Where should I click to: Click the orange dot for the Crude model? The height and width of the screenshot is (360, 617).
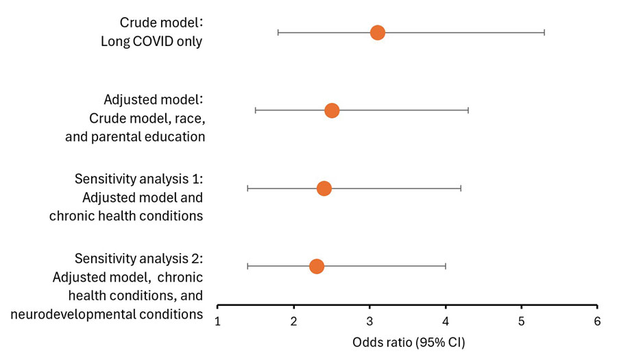click(x=377, y=32)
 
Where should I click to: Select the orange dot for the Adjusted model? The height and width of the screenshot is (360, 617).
click(x=332, y=110)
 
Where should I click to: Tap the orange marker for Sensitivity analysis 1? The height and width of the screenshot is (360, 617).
click(x=324, y=188)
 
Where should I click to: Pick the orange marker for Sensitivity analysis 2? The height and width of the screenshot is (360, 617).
click(x=316, y=266)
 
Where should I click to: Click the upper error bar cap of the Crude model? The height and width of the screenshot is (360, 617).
click(x=544, y=32)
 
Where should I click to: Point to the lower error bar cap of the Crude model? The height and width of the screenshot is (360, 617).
click(x=278, y=32)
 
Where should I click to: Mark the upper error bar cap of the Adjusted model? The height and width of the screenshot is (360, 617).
click(x=468, y=110)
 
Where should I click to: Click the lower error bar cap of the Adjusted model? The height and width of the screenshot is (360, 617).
click(x=255, y=110)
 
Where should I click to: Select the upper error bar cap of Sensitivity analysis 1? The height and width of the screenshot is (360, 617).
click(x=461, y=188)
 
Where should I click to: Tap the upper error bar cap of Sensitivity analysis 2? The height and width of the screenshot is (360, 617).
click(x=446, y=266)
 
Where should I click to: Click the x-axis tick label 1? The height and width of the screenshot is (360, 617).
click(x=217, y=321)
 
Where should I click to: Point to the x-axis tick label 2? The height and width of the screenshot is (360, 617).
click(x=293, y=321)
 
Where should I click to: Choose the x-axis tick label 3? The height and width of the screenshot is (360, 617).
click(x=370, y=321)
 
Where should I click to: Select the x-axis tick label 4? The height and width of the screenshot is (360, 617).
click(x=446, y=321)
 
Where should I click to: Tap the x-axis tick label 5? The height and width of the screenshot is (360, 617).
click(x=522, y=321)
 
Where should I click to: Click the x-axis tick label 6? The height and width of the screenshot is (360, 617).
click(x=597, y=321)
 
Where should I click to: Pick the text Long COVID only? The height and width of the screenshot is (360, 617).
click(x=152, y=42)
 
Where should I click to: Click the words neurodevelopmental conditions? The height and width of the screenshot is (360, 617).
click(x=107, y=314)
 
